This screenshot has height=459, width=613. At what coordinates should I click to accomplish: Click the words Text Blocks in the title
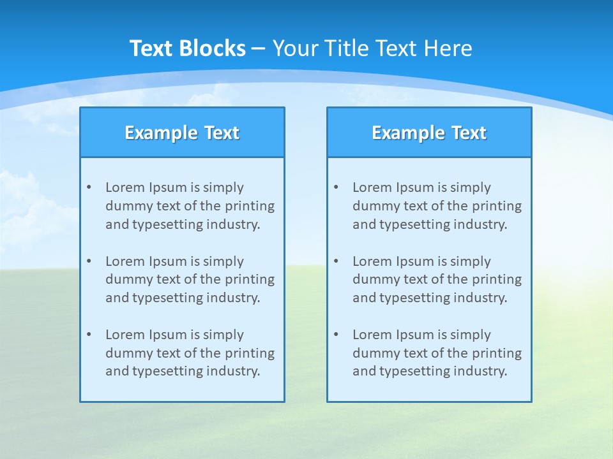[x=187, y=48]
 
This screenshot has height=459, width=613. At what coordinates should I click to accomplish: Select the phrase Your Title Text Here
[x=372, y=48]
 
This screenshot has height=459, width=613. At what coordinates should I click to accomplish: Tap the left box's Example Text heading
[x=182, y=133]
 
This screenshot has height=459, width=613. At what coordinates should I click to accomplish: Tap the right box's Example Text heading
[x=429, y=133]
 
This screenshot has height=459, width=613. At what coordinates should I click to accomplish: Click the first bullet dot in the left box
[x=89, y=187]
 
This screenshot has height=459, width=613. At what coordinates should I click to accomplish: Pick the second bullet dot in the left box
[x=89, y=261]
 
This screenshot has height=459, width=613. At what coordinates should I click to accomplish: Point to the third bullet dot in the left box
[x=89, y=335]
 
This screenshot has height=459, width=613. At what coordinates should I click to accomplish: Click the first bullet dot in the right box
[x=337, y=187]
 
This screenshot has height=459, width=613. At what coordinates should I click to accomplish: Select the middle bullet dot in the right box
[x=337, y=261]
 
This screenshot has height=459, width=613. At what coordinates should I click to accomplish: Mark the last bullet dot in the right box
[x=337, y=335]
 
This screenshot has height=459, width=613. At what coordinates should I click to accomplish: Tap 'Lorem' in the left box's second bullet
[x=125, y=261]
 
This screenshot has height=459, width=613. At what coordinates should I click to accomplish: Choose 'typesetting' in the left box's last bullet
[x=162, y=372]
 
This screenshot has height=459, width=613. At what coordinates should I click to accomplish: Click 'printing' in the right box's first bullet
[x=497, y=206]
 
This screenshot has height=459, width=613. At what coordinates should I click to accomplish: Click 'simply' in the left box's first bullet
[x=223, y=187]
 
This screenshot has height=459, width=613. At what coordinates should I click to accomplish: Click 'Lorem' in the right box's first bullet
[x=372, y=187]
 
